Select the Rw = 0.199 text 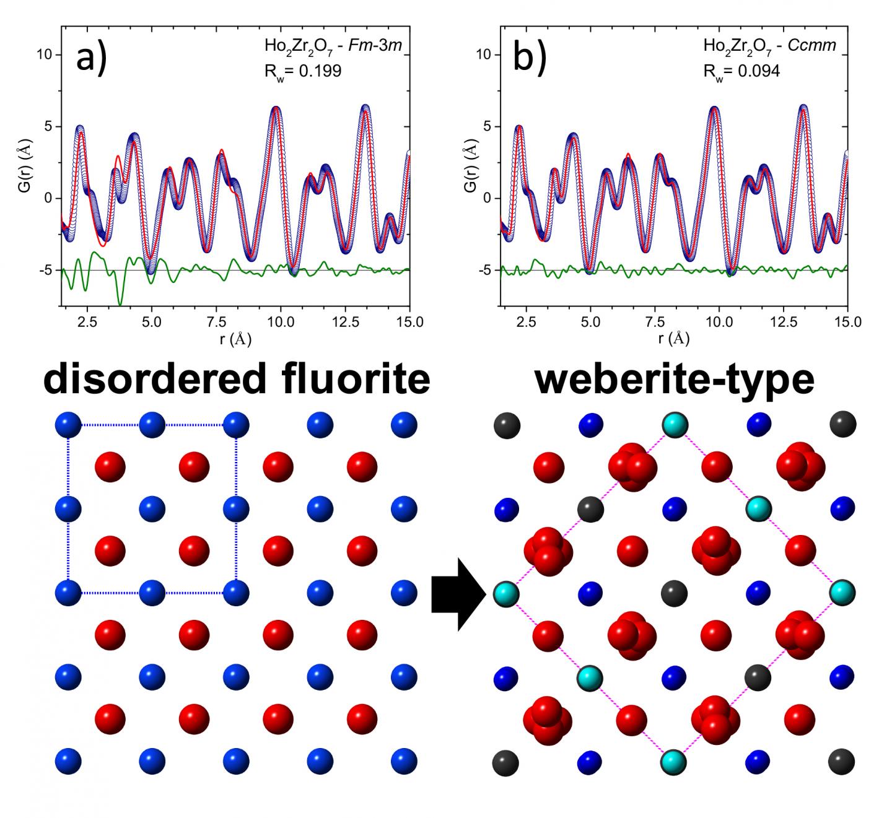tap(302, 71)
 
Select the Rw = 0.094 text tap(741, 71)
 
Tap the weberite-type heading tap(674, 378)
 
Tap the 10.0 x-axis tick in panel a tap(280, 322)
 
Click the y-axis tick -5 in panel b tap(484, 271)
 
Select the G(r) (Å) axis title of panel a tap(25, 168)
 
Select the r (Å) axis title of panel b tap(673, 339)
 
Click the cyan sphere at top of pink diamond tap(674, 425)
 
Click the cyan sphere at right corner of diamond tap(842, 593)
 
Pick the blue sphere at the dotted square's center tap(152, 509)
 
